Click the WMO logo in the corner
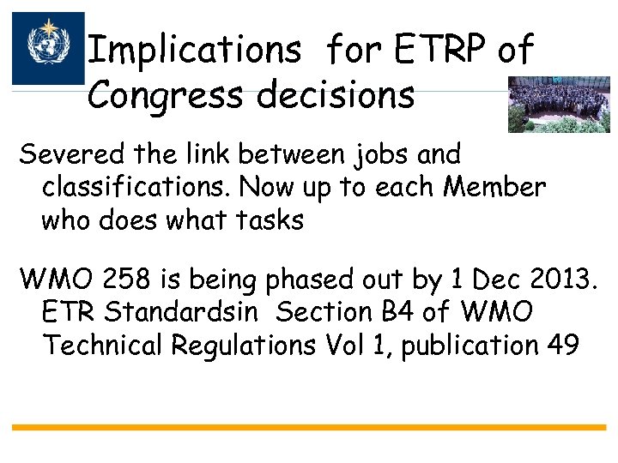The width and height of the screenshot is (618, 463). pos(48,47)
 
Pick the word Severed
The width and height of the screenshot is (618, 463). pos(72,155)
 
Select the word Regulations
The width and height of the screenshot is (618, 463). pos(245,346)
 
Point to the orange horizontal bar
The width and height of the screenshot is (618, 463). pos(308,426)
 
